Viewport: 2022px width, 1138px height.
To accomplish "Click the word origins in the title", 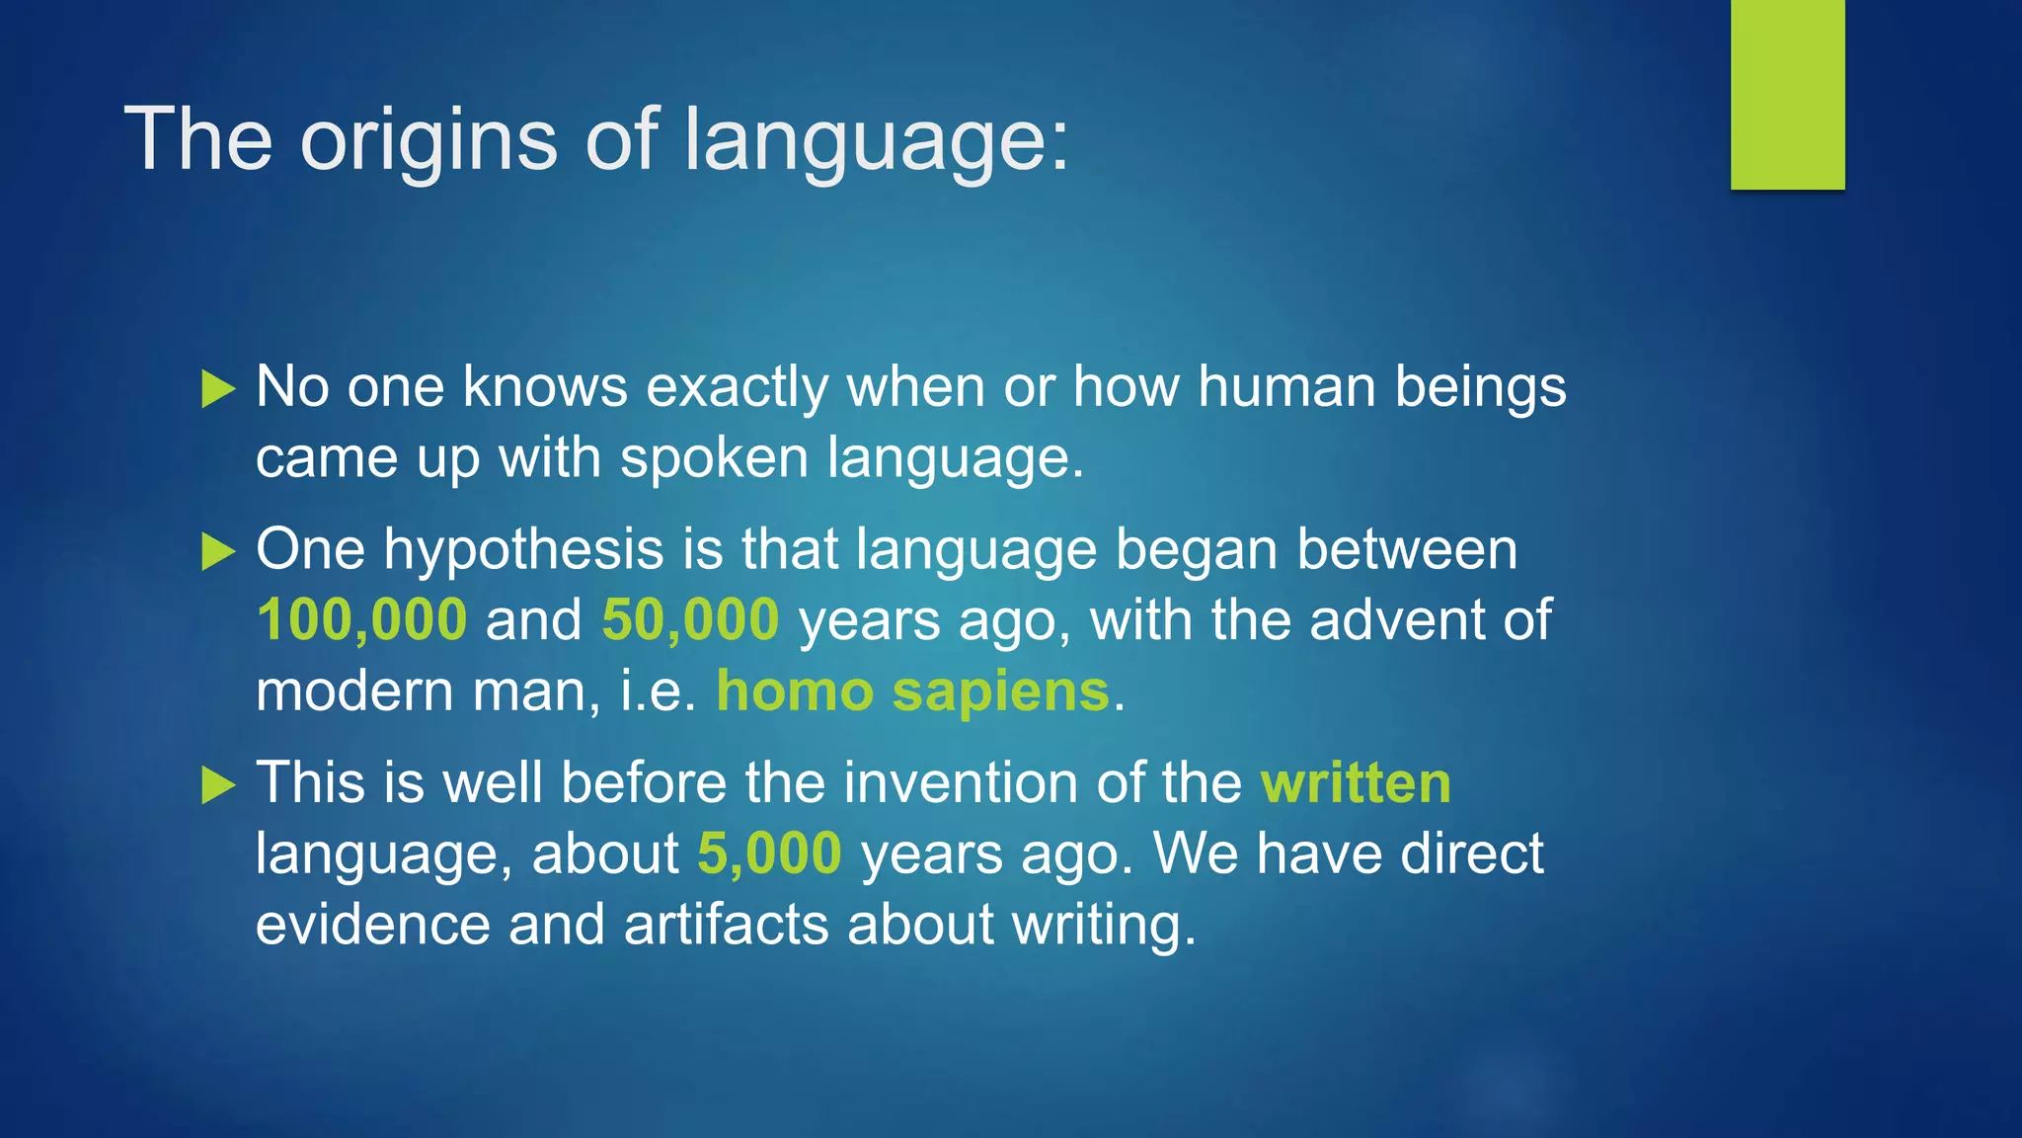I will click(x=428, y=140).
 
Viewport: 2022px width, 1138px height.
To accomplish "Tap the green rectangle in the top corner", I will click(x=1787, y=95).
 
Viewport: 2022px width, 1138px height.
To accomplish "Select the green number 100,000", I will click(x=361, y=620).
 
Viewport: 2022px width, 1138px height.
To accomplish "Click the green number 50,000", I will click(x=690, y=620).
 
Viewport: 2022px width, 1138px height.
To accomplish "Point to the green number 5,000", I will click(x=769, y=853).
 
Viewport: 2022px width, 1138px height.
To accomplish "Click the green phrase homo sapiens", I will click(x=912, y=691).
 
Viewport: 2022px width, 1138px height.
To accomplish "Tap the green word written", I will click(x=1356, y=782).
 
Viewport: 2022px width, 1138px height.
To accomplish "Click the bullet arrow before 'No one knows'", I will click(x=217, y=389).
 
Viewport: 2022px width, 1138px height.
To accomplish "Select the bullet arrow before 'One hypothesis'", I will click(x=217, y=551).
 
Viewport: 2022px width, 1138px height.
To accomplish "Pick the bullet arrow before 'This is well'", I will click(x=217, y=785).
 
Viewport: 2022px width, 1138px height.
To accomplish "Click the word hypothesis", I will click(x=523, y=549).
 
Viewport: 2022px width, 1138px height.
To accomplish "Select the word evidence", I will click(x=372, y=925).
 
